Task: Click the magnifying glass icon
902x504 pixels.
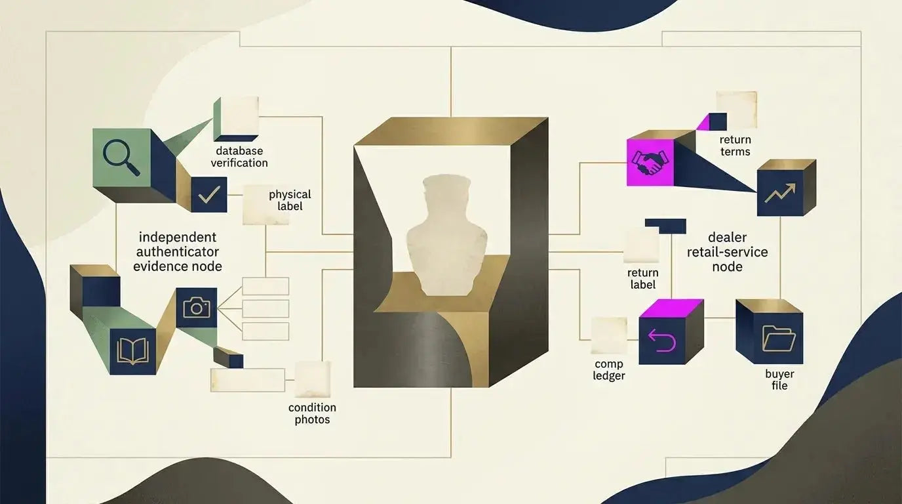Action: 121,157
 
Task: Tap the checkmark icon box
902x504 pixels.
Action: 209,195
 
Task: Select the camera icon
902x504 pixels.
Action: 197,308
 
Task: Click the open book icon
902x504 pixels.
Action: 133,352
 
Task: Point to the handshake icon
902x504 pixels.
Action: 650,162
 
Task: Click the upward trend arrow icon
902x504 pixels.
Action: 780,193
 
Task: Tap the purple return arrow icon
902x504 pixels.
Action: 662,341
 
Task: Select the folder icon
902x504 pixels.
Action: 779,338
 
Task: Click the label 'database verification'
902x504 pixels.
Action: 239,157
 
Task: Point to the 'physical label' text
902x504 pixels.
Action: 290,200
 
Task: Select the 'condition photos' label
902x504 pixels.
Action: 312,413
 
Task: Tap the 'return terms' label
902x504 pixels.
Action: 735,146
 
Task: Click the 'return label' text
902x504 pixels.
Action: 642,279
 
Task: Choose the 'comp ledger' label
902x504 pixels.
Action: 609,369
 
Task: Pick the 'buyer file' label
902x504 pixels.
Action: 779,379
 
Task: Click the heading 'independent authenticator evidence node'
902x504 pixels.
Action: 178,251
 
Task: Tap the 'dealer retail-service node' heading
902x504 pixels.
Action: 727,252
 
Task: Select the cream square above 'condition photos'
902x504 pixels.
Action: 313,379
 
